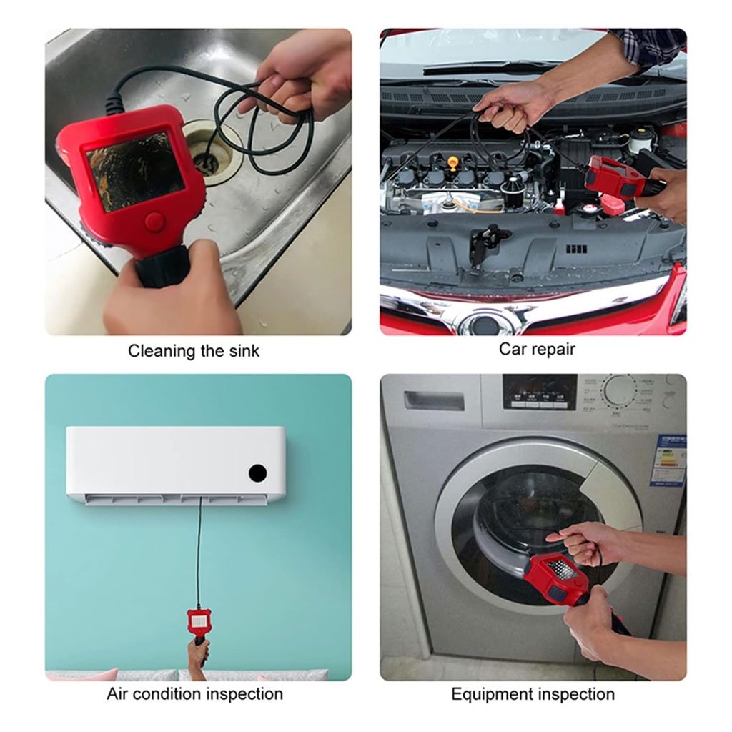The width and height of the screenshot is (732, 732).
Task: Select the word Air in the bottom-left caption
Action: [119, 693]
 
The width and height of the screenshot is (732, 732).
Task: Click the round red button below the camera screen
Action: [154, 222]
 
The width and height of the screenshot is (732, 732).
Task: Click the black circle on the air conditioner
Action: [257, 473]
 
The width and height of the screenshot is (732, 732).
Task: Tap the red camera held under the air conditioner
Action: [198, 623]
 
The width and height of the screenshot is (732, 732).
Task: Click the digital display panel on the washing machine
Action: [540, 392]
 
